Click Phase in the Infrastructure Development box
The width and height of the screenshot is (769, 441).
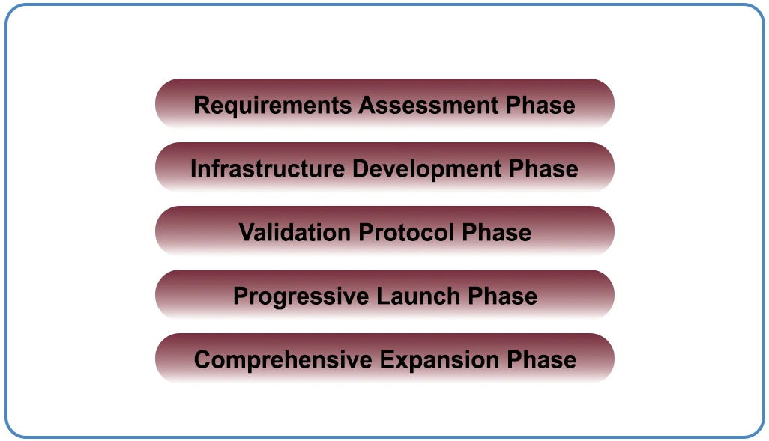(x=543, y=169)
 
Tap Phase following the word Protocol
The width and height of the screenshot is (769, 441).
(x=496, y=233)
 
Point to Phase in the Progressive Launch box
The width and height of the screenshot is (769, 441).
(x=502, y=296)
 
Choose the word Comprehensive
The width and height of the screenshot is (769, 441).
(x=283, y=360)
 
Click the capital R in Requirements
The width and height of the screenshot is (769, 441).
(x=201, y=106)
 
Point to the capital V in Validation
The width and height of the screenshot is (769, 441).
(x=246, y=233)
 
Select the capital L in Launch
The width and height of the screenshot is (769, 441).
(x=382, y=296)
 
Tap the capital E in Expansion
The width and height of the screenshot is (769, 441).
(x=386, y=360)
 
